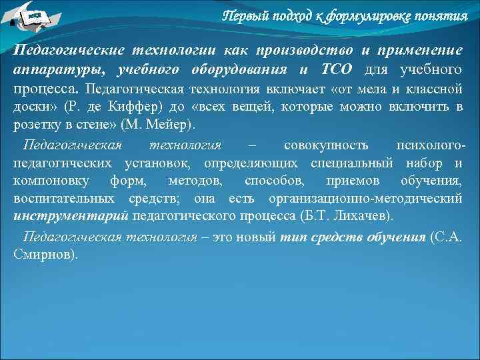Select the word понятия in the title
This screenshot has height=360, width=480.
[x=443, y=16]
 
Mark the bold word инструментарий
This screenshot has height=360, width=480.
[x=71, y=217]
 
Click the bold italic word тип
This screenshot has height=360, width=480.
[x=291, y=237]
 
